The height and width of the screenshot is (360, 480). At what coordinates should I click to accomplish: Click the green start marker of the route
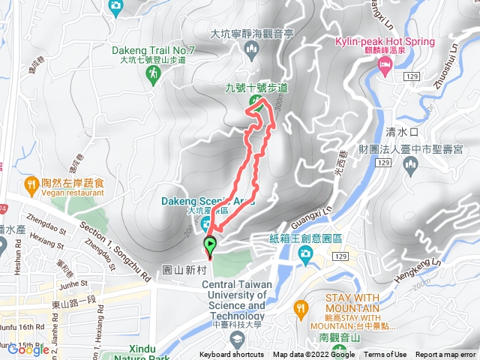[x=211, y=244]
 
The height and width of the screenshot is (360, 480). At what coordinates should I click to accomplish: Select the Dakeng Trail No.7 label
[x=153, y=51]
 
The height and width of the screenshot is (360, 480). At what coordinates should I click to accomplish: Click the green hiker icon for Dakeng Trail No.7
[x=154, y=73]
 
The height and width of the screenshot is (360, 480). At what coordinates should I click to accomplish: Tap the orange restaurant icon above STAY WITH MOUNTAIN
[x=301, y=307]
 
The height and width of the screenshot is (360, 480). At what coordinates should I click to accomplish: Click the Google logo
[x=28, y=349]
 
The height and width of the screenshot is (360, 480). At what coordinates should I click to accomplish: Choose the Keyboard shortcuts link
[x=232, y=355]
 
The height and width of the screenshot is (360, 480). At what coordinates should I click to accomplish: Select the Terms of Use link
[x=385, y=355]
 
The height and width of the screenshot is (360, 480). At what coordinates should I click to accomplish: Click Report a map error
[x=447, y=355]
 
